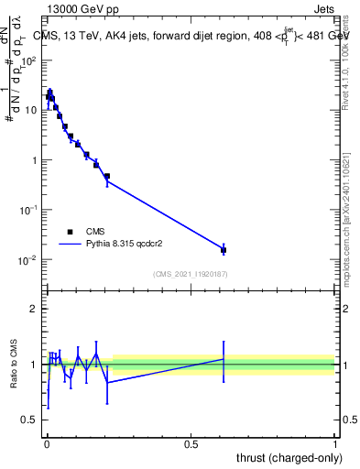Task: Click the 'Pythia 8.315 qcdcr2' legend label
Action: click(x=128, y=245)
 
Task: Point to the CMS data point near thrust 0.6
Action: click(x=224, y=249)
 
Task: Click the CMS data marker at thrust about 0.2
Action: click(x=107, y=176)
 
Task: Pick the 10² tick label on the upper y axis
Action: click(x=28, y=60)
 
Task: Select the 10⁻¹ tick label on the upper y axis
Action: click(x=28, y=210)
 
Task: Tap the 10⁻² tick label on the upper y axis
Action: click(x=28, y=260)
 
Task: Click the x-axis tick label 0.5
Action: click(x=191, y=444)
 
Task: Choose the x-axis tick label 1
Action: click(x=335, y=444)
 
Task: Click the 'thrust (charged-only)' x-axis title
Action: click(x=284, y=458)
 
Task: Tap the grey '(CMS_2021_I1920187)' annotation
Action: click(x=191, y=274)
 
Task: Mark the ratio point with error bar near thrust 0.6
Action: click(x=224, y=358)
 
